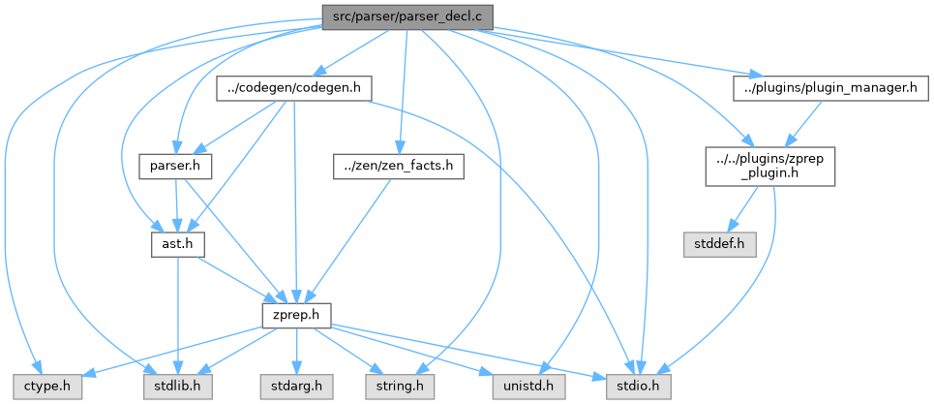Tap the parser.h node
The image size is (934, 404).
pyautogui.click(x=175, y=166)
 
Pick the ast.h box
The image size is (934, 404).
pyautogui.click(x=175, y=245)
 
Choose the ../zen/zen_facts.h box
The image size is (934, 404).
pyautogui.click(x=398, y=166)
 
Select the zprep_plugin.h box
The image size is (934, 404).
pyautogui.click(x=769, y=166)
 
